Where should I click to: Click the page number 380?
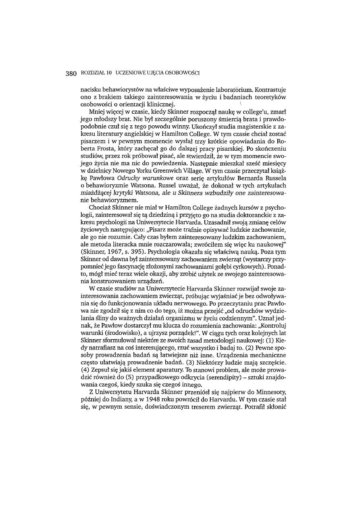(x=71, y=73)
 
